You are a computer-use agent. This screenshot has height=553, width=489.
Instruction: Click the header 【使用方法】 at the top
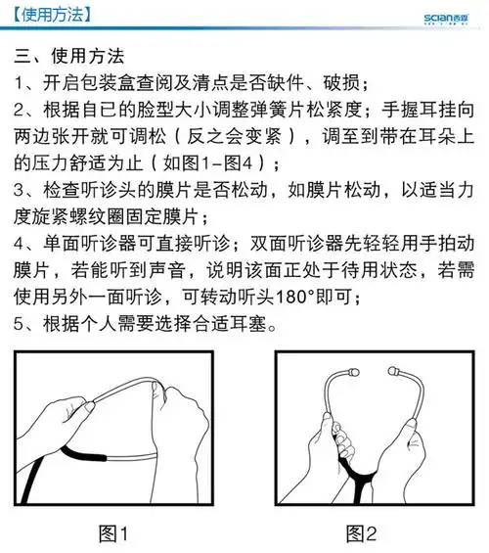coord(47,14)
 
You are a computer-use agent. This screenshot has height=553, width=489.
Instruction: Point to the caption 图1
coord(114,533)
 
